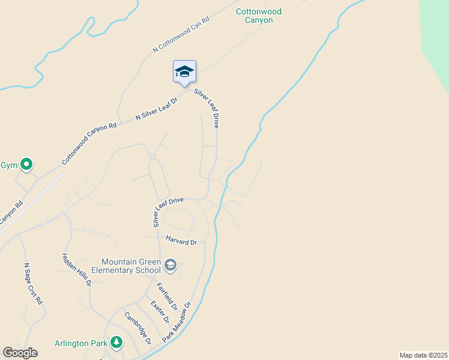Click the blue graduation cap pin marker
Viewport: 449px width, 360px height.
(x=184, y=72)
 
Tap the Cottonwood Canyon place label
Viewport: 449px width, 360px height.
(x=259, y=16)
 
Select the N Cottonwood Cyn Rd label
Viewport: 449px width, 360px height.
(x=181, y=35)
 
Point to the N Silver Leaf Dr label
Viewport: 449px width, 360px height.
(x=157, y=108)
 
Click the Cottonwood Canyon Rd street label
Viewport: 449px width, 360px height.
(x=89, y=144)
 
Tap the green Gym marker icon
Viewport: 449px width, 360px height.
(x=26, y=164)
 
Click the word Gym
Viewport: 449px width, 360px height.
(x=8, y=164)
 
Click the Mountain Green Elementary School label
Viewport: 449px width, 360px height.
(x=131, y=266)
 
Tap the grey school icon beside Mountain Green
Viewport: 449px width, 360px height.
(x=170, y=265)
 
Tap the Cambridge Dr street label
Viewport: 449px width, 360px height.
(x=137, y=328)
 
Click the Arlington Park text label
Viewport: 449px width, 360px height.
(x=81, y=343)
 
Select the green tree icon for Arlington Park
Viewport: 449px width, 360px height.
(x=116, y=343)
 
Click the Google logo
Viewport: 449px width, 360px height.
(x=20, y=353)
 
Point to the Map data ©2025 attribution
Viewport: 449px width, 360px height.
(x=423, y=355)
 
